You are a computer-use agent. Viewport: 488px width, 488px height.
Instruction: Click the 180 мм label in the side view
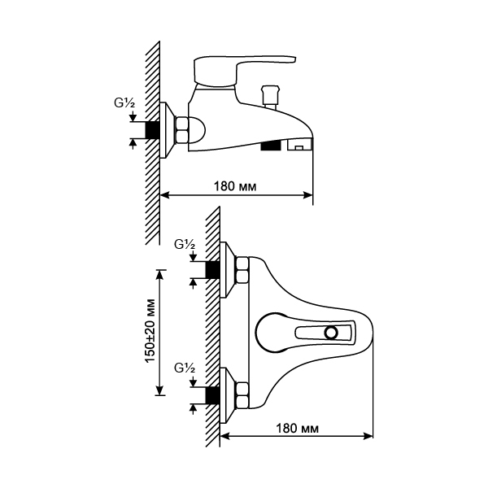[235, 186]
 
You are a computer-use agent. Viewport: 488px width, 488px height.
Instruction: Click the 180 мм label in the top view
[297, 429]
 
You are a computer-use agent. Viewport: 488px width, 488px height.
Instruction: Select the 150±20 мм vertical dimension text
[150, 330]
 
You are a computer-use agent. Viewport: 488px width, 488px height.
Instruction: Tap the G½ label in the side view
[124, 102]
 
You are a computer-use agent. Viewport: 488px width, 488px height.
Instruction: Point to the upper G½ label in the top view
[185, 244]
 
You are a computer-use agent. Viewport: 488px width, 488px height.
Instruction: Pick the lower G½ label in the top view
[185, 368]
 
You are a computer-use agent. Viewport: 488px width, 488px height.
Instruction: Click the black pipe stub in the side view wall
[153, 130]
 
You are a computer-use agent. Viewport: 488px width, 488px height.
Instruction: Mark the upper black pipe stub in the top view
[212, 269]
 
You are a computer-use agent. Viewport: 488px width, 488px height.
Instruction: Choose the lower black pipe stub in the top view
[212, 395]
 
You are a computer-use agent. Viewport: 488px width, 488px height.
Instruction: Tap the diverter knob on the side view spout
[269, 97]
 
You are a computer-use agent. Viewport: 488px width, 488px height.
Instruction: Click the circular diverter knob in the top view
[331, 333]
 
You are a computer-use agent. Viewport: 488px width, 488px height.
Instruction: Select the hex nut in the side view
[181, 130]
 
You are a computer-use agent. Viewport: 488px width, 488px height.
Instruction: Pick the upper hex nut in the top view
[242, 269]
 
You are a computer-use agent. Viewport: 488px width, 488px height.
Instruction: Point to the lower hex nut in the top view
[242, 395]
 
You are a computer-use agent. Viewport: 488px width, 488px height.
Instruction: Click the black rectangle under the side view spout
[271, 146]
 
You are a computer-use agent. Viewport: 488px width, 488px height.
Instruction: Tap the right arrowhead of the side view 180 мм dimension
[307, 195]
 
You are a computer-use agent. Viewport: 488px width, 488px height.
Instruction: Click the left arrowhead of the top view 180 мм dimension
[225, 436]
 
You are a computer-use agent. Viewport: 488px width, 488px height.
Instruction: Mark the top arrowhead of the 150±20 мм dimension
[160, 276]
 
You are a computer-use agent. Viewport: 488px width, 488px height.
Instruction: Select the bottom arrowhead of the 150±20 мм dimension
[160, 390]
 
